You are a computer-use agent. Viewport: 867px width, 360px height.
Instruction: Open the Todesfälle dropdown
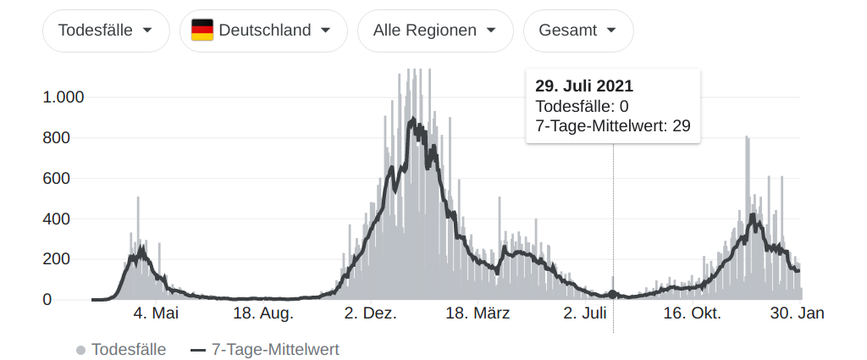click(x=105, y=30)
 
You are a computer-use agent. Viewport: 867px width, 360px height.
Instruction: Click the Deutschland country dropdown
click(x=262, y=30)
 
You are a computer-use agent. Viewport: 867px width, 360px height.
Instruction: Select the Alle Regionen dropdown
click(x=435, y=30)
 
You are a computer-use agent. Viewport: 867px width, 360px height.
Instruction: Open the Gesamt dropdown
click(x=578, y=30)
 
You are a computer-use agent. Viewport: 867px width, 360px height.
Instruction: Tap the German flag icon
click(x=202, y=30)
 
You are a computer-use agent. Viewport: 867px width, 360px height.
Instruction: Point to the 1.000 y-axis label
click(x=64, y=97)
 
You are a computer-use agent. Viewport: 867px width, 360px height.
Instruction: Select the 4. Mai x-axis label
click(x=156, y=314)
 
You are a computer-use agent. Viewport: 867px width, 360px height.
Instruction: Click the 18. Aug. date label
click(x=263, y=314)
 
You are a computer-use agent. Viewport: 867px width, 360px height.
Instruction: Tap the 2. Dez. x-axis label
click(x=371, y=314)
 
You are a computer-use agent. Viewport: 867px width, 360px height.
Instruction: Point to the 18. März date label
click(x=478, y=314)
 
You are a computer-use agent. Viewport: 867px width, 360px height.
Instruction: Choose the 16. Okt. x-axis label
click(x=692, y=314)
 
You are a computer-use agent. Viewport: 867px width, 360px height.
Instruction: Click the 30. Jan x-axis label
click(x=798, y=314)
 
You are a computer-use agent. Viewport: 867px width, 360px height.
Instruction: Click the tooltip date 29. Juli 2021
click(x=584, y=86)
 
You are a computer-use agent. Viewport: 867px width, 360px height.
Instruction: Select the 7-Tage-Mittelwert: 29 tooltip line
click(x=613, y=126)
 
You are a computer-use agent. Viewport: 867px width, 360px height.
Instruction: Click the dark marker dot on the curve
click(x=613, y=294)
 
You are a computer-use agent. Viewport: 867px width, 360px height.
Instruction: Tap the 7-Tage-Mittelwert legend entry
click(x=264, y=349)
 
